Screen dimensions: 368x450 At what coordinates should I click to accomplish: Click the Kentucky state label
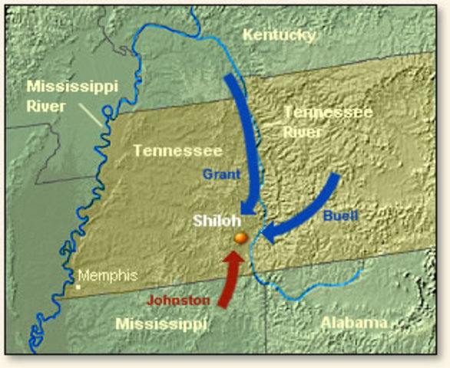point(279,34)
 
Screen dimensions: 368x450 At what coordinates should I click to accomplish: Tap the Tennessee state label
point(177,151)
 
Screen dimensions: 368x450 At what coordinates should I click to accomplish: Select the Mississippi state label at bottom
point(161,324)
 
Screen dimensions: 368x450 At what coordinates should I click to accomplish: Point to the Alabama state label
point(354,322)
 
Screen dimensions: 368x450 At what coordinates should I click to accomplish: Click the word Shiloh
point(216,221)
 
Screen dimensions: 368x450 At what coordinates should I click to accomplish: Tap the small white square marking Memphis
point(78,287)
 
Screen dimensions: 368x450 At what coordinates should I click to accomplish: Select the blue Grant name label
point(222,175)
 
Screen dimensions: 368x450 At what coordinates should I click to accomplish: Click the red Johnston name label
point(177,300)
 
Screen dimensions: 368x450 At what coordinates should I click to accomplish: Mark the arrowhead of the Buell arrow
point(269,232)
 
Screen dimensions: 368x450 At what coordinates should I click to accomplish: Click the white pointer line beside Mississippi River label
point(91,115)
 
